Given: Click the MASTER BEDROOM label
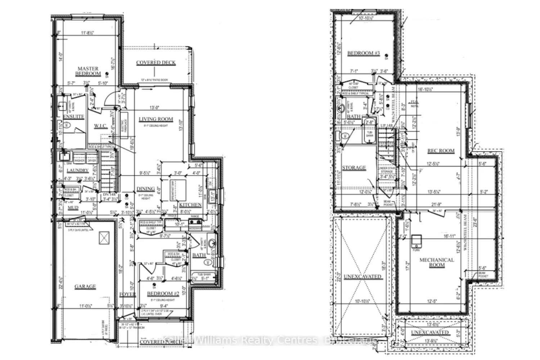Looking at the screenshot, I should [x=88, y=71].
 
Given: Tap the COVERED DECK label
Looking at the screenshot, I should [x=156, y=63].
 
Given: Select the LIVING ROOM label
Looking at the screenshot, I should [x=156, y=119].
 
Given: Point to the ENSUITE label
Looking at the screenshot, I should [x=73, y=117].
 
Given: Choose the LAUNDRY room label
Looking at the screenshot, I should [x=77, y=170].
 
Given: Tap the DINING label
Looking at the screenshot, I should [x=145, y=189].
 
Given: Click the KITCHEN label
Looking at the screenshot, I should [x=190, y=205].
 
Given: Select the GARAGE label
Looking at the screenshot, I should [x=85, y=287].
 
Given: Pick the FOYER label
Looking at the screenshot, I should [x=127, y=294].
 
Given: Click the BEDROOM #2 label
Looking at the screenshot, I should [x=163, y=294].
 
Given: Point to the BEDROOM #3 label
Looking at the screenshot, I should [x=363, y=53].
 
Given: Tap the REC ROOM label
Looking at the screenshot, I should [x=441, y=151].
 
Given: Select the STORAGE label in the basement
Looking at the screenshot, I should [x=354, y=168].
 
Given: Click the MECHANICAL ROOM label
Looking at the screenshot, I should [x=437, y=262].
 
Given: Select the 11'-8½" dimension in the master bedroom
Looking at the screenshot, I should [x=87, y=33].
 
